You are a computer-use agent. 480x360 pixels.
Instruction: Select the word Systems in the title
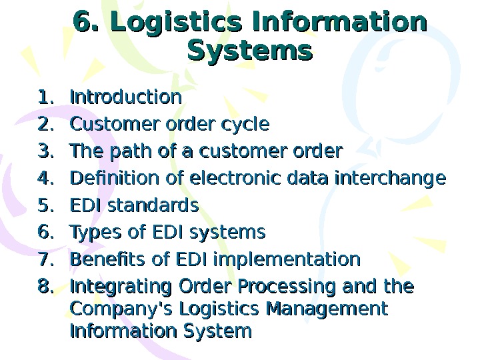(250, 51)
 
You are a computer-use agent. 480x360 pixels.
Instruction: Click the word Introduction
(125, 97)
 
